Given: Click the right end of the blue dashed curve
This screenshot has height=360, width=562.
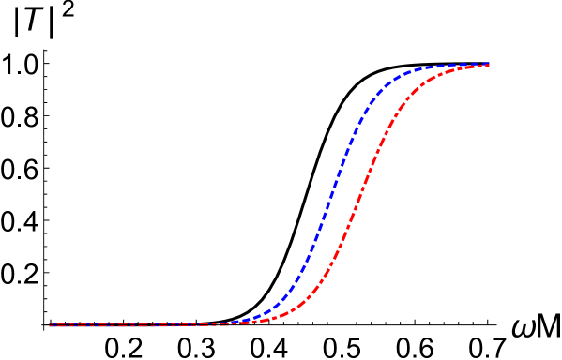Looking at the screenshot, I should [x=489, y=65].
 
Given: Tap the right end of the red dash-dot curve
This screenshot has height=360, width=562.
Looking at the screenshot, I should [x=489, y=67].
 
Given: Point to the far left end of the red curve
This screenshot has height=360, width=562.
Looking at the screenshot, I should [x=50, y=325].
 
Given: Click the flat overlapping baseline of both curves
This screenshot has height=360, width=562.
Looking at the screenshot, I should [x=141, y=325].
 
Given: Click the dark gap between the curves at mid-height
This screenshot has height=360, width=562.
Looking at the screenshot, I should [x=346, y=195].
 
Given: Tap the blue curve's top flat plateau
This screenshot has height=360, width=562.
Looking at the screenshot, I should [x=450, y=66].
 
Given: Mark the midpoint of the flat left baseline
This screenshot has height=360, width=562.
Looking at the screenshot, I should [x=141, y=325].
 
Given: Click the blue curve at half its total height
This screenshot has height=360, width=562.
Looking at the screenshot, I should [x=329, y=195].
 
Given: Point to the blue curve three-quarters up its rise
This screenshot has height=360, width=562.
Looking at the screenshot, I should [x=355, y=130].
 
